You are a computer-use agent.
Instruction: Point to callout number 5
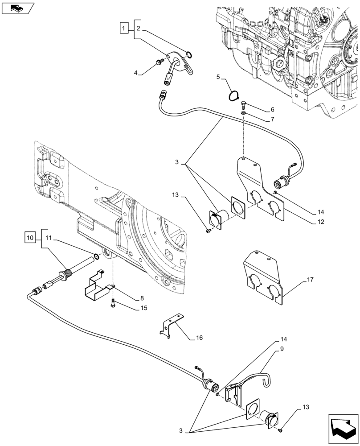[218, 77]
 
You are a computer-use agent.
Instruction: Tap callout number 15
[143, 308]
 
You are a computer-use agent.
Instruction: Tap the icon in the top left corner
[17, 8]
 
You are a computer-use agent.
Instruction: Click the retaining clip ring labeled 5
[233, 95]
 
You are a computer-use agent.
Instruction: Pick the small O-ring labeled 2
[189, 55]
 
